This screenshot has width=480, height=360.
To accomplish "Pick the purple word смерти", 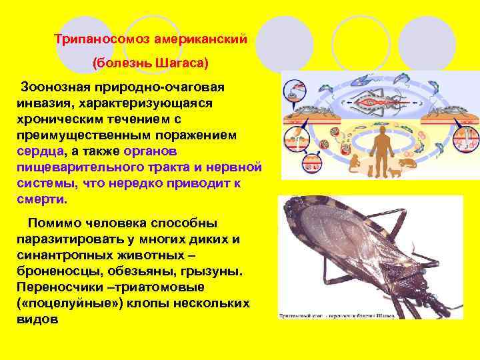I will pyautogui.click(x=42, y=199).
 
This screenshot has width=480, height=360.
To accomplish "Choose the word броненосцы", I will pyautogui.click(x=54, y=271).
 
